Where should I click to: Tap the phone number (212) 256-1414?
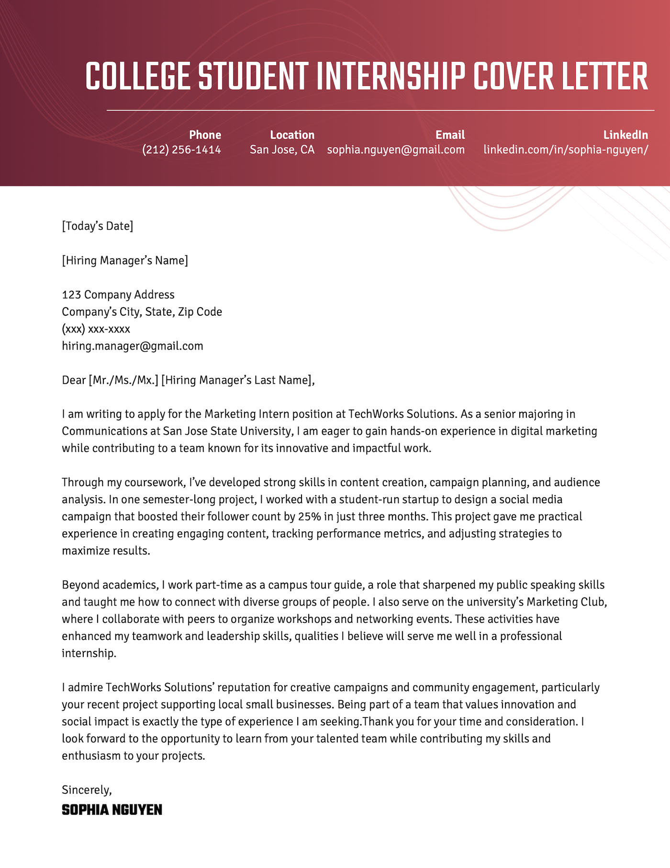(x=181, y=150)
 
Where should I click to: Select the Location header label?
(x=292, y=135)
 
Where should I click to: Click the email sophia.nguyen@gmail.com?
(x=396, y=150)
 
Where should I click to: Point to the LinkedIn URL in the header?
(x=566, y=150)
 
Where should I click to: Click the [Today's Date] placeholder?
(x=98, y=226)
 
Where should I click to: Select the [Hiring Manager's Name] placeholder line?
(x=125, y=261)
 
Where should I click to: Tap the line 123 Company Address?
(x=118, y=295)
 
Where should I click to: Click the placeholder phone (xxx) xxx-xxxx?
(x=96, y=329)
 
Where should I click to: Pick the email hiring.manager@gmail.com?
(x=133, y=346)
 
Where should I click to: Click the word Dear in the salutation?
(x=74, y=380)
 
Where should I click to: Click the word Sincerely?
(x=87, y=790)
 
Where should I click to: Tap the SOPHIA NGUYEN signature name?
(x=112, y=810)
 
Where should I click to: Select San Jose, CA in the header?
(x=282, y=150)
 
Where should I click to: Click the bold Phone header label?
(x=205, y=135)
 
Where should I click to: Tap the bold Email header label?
(x=450, y=135)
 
